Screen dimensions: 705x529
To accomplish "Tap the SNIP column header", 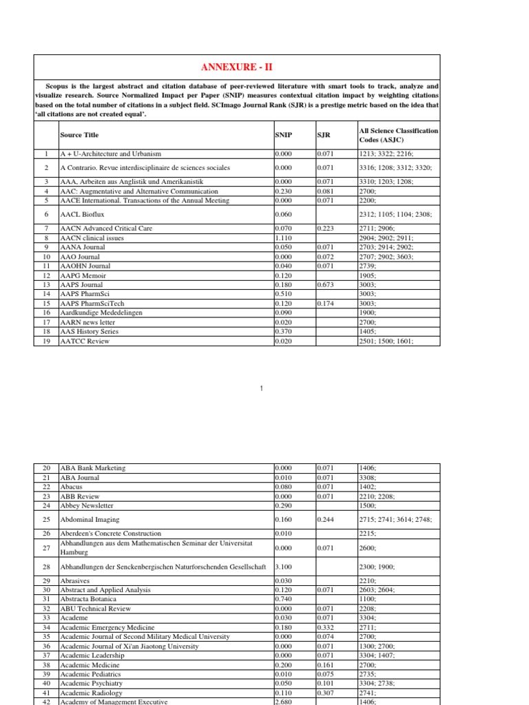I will pos(282,136).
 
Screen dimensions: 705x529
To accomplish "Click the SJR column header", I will pos(323,136).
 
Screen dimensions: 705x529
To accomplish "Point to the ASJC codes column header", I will pos(398,136).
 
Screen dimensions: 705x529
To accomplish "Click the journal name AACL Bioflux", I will pos(82,215).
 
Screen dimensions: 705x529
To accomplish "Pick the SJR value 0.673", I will pos(324,284).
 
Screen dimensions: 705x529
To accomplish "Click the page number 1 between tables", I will pos(262,390).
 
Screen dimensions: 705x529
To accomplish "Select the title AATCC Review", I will pos(85,341).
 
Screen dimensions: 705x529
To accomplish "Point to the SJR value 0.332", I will pos(324,628).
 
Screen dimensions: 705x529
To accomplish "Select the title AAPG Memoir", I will pos(82,275).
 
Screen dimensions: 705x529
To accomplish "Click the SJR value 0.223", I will pos(324,228).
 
